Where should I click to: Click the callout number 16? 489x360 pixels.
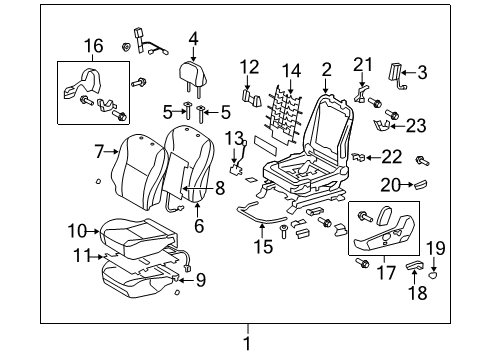click(92, 45)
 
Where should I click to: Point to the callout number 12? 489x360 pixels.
click(249, 67)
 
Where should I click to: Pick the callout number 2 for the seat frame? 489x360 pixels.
click(326, 69)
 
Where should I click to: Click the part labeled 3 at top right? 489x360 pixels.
click(397, 72)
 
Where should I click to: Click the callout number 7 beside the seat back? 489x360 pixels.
click(100, 152)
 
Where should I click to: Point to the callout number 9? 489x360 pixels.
click(200, 280)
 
